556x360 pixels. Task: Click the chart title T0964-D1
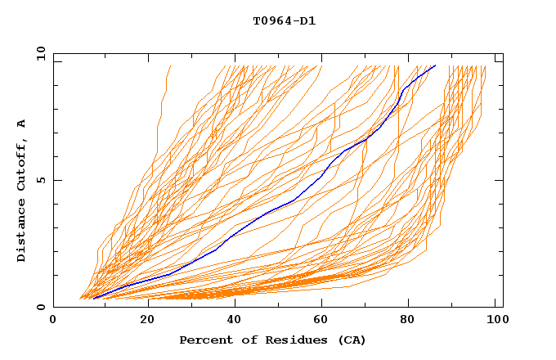(284, 21)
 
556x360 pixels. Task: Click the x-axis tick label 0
(53, 320)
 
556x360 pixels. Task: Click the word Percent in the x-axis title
(204, 340)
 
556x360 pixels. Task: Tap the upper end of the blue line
(436, 65)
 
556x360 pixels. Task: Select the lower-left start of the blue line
(94, 299)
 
